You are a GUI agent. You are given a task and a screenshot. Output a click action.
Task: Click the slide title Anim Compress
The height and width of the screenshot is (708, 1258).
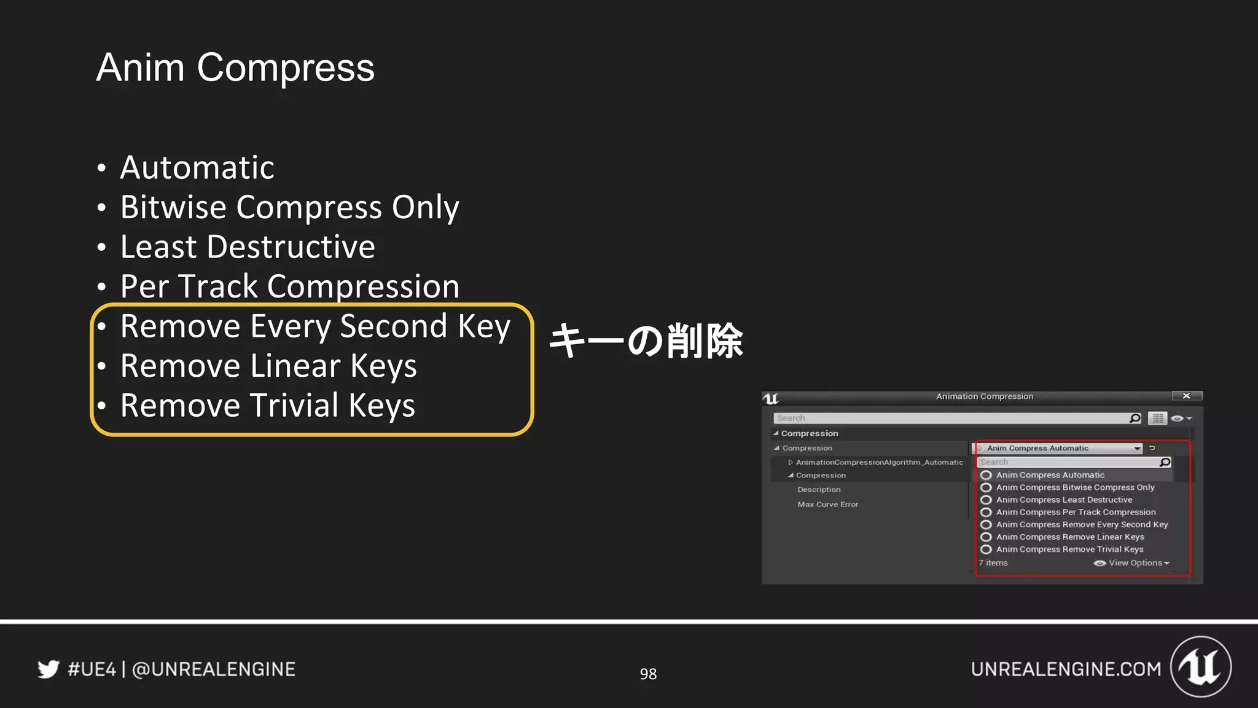click(x=235, y=68)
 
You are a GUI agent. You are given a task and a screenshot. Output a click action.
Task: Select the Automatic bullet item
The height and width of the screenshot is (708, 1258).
click(x=197, y=168)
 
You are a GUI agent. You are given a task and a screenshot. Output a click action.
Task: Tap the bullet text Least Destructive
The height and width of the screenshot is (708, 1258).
click(x=247, y=247)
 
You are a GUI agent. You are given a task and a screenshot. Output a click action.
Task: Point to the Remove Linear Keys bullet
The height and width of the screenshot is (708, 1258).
click(x=268, y=366)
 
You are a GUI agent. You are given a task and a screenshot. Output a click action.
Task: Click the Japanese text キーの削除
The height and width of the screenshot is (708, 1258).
click(x=646, y=341)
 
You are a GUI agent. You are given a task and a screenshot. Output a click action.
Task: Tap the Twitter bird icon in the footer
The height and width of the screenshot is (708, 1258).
click(x=48, y=669)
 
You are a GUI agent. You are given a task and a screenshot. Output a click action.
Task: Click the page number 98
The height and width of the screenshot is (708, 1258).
click(x=648, y=674)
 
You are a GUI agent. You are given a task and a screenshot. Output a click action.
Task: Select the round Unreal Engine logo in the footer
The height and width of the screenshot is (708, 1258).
click(x=1200, y=667)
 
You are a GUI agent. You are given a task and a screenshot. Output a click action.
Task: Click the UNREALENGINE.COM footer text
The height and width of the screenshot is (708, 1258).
click(x=1066, y=669)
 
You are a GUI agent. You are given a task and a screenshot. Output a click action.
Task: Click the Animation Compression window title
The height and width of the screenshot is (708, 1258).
click(x=985, y=396)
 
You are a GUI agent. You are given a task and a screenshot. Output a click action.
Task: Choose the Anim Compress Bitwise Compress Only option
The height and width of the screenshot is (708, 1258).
click(x=1075, y=487)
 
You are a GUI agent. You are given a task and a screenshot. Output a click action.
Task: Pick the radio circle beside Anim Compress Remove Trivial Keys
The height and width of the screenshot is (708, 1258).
click(x=986, y=549)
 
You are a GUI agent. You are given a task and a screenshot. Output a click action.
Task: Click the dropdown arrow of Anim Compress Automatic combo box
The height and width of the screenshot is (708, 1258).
click(x=1137, y=449)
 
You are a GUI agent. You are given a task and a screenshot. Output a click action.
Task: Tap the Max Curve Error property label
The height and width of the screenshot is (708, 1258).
click(x=827, y=505)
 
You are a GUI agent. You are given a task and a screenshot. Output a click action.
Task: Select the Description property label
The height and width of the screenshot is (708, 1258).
click(x=819, y=490)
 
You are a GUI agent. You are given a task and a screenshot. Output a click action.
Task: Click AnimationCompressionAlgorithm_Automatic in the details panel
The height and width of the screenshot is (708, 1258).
click(x=879, y=462)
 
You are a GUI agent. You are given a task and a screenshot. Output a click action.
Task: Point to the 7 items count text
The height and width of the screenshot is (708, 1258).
click(x=993, y=563)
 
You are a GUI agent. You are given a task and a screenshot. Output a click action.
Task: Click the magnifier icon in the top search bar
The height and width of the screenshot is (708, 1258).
click(x=1135, y=419)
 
